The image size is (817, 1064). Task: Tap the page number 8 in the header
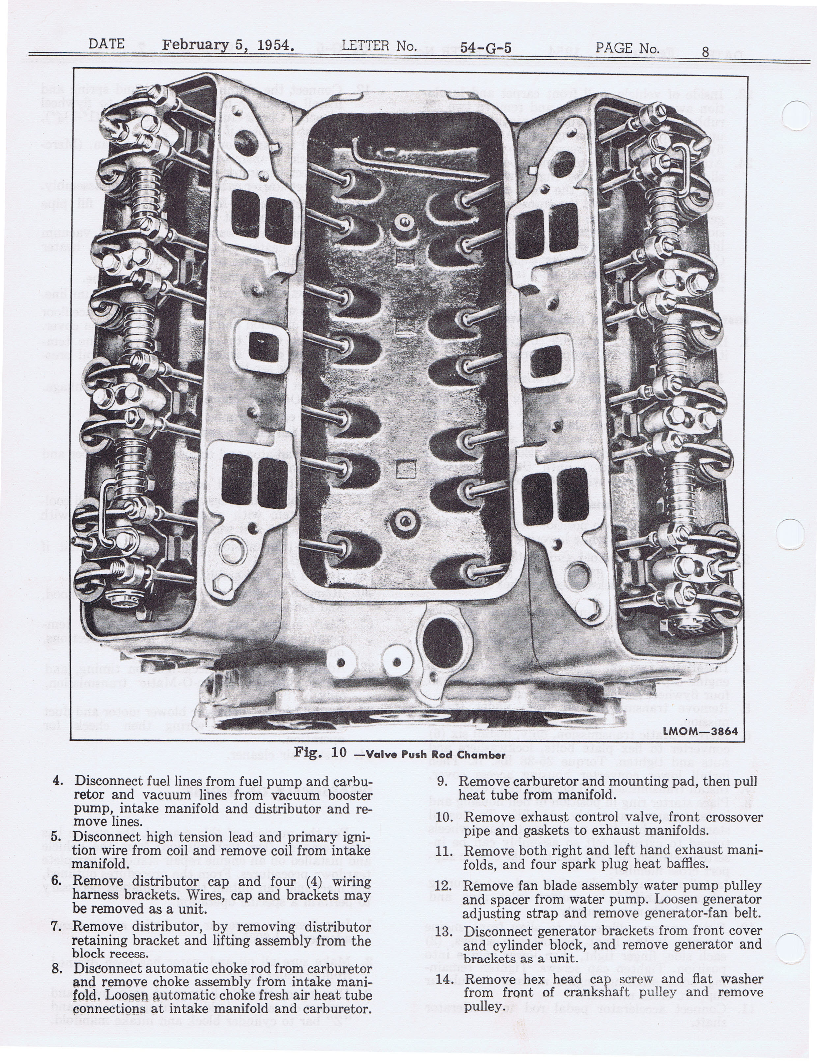click(x=705, y=51)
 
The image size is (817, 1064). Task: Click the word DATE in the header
click(x=106, y=44)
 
